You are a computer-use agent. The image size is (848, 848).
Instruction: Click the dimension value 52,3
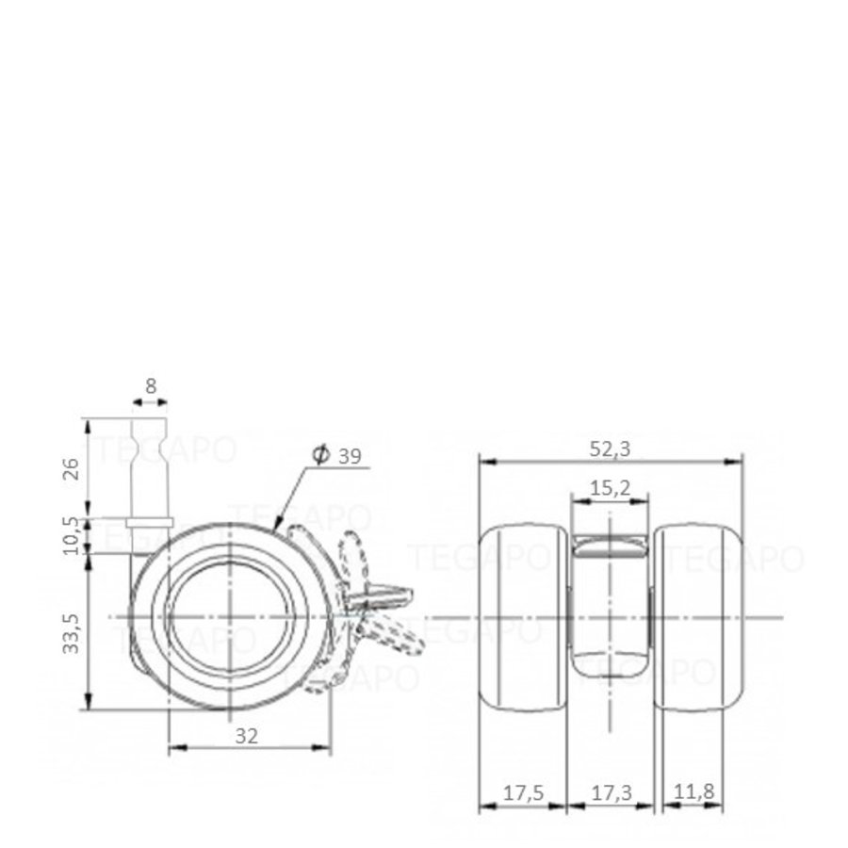tap(611, 449)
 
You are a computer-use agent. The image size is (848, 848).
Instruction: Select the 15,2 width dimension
tap(611, 488)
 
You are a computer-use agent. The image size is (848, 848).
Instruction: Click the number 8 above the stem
tap(151, 385)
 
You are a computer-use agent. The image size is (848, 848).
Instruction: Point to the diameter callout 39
tap(349, 456)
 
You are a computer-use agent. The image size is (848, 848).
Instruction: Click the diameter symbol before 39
tap(319, 456)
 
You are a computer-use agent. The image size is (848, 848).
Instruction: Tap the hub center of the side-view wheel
tap(231, 616)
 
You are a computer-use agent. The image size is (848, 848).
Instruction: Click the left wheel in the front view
tap(521, 617)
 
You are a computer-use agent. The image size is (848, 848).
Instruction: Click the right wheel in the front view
tap(699, 617)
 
